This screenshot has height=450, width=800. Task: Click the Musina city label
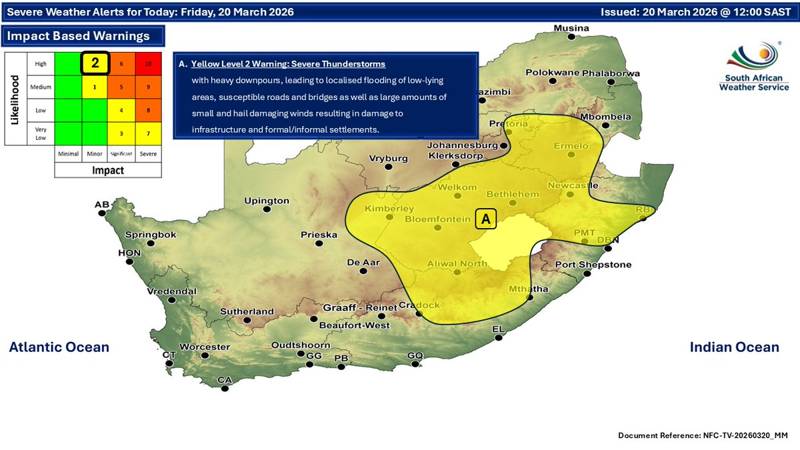(573, 28)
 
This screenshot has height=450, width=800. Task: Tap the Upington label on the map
(267, 201)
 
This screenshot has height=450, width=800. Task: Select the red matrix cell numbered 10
(149, 63)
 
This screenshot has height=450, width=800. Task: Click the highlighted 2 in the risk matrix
(95, 63)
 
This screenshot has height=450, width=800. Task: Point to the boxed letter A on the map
(486, 219)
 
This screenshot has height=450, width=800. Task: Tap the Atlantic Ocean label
(59, 347)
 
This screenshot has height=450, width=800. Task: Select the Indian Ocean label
(734, 347)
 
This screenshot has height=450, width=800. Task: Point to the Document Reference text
(703, 435)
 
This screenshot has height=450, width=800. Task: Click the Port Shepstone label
(593, 265)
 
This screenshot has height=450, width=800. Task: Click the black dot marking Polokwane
(553, 81)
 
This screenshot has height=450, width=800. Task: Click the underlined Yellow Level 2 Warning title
(288, 64)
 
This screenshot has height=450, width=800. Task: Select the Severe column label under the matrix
(149, 154)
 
